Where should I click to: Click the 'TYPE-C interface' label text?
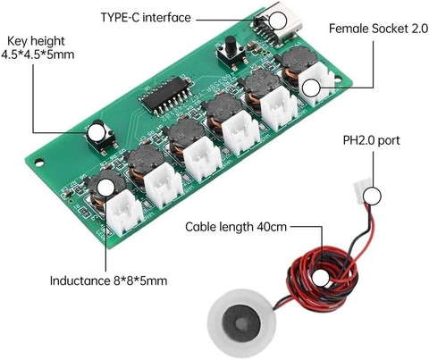(x=146, y=17)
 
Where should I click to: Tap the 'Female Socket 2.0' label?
(x=378, y=29)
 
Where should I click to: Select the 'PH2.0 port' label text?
(x=371, y=140)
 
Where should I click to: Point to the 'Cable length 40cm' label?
(x=236, y=227)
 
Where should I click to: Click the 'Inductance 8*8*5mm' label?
(x=108, y=280)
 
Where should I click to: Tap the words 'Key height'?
(x=36, y=41)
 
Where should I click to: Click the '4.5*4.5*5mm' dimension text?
(x=38, y=54)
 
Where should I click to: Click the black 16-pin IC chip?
(x=167, y=96)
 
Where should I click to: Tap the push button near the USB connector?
(x=231, y=53)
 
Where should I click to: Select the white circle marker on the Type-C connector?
(x=277, y=21)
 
